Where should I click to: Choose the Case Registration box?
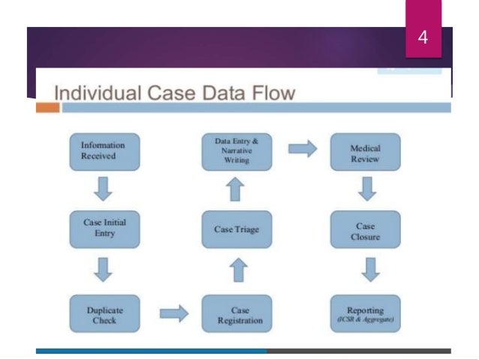tap(236, 314)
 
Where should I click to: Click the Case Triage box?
tap(236, 229)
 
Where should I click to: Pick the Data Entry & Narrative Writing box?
tap(236, 150)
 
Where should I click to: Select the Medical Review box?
tap(365, 153)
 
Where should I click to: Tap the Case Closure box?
tap(365, 229)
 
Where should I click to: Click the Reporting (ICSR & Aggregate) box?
tap(365, 314)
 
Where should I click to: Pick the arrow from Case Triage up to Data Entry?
tap(236, 190)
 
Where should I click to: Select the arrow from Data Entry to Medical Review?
tap(302, 150)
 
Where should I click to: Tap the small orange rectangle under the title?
tap(47, 108)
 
